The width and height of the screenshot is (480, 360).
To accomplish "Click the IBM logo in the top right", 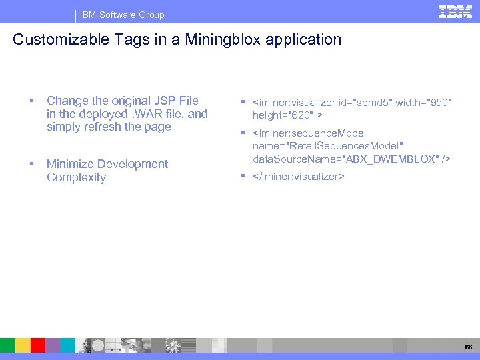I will [x=456, y=11].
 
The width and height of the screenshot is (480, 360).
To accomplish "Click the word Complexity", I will [x=76, y=177].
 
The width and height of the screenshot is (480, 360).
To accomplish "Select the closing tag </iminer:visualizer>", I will [x=299, y=177].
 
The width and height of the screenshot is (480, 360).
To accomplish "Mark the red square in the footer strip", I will [x=38, y=345].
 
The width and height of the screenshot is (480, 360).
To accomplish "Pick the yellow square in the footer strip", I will [x=23, y=345].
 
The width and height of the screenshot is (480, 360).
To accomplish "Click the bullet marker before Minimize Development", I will [x=31, y=164].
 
